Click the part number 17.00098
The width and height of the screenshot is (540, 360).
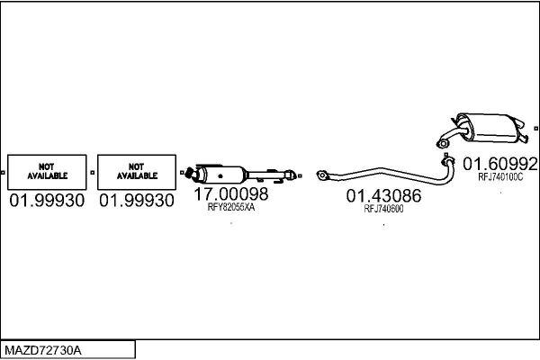(x=231, y=193)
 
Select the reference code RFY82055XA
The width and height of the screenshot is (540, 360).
(x=231, y=207)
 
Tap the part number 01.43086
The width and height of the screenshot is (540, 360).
(x=383, y=195)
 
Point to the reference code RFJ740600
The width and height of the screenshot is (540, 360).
(x=383, y=209)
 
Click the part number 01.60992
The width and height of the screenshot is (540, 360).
(x=500, y=164)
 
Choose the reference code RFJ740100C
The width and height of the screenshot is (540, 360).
(x=500, y=177)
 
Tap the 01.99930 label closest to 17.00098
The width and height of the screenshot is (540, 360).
(x=136, y=201)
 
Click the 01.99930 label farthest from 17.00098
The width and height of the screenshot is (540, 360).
(x=47, y=201)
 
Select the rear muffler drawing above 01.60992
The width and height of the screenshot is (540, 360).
(x=486, y=127)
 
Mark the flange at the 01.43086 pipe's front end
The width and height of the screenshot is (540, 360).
(x=325, y=176)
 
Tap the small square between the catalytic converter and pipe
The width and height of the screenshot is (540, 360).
(x=304, y=174)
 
